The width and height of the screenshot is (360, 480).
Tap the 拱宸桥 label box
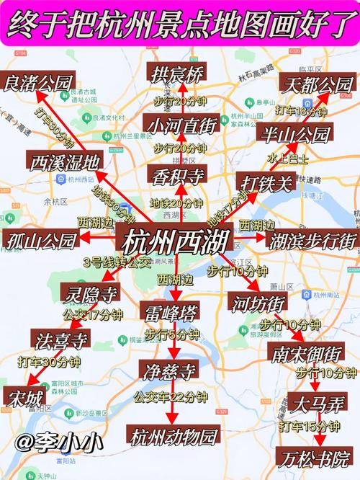[177, 73]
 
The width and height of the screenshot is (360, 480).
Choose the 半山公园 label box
[294, 134]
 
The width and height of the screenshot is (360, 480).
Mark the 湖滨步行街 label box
[310, 240]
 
